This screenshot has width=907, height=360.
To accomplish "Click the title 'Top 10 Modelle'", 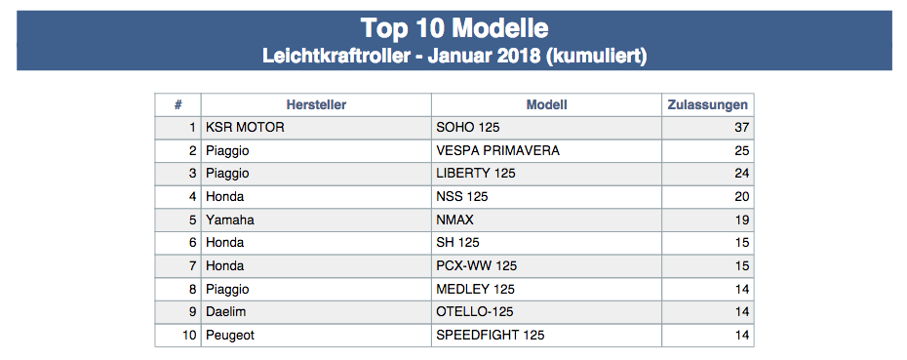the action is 454,27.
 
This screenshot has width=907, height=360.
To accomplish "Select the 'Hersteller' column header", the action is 316,104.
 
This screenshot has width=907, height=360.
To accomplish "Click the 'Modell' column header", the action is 546,104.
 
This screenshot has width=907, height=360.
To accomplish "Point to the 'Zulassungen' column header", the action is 707,104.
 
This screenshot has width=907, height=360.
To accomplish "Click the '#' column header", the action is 178,104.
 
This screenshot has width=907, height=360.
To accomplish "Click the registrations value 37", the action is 741,128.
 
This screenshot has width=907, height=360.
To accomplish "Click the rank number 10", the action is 189,335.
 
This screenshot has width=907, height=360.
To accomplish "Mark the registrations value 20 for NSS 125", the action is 741,197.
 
